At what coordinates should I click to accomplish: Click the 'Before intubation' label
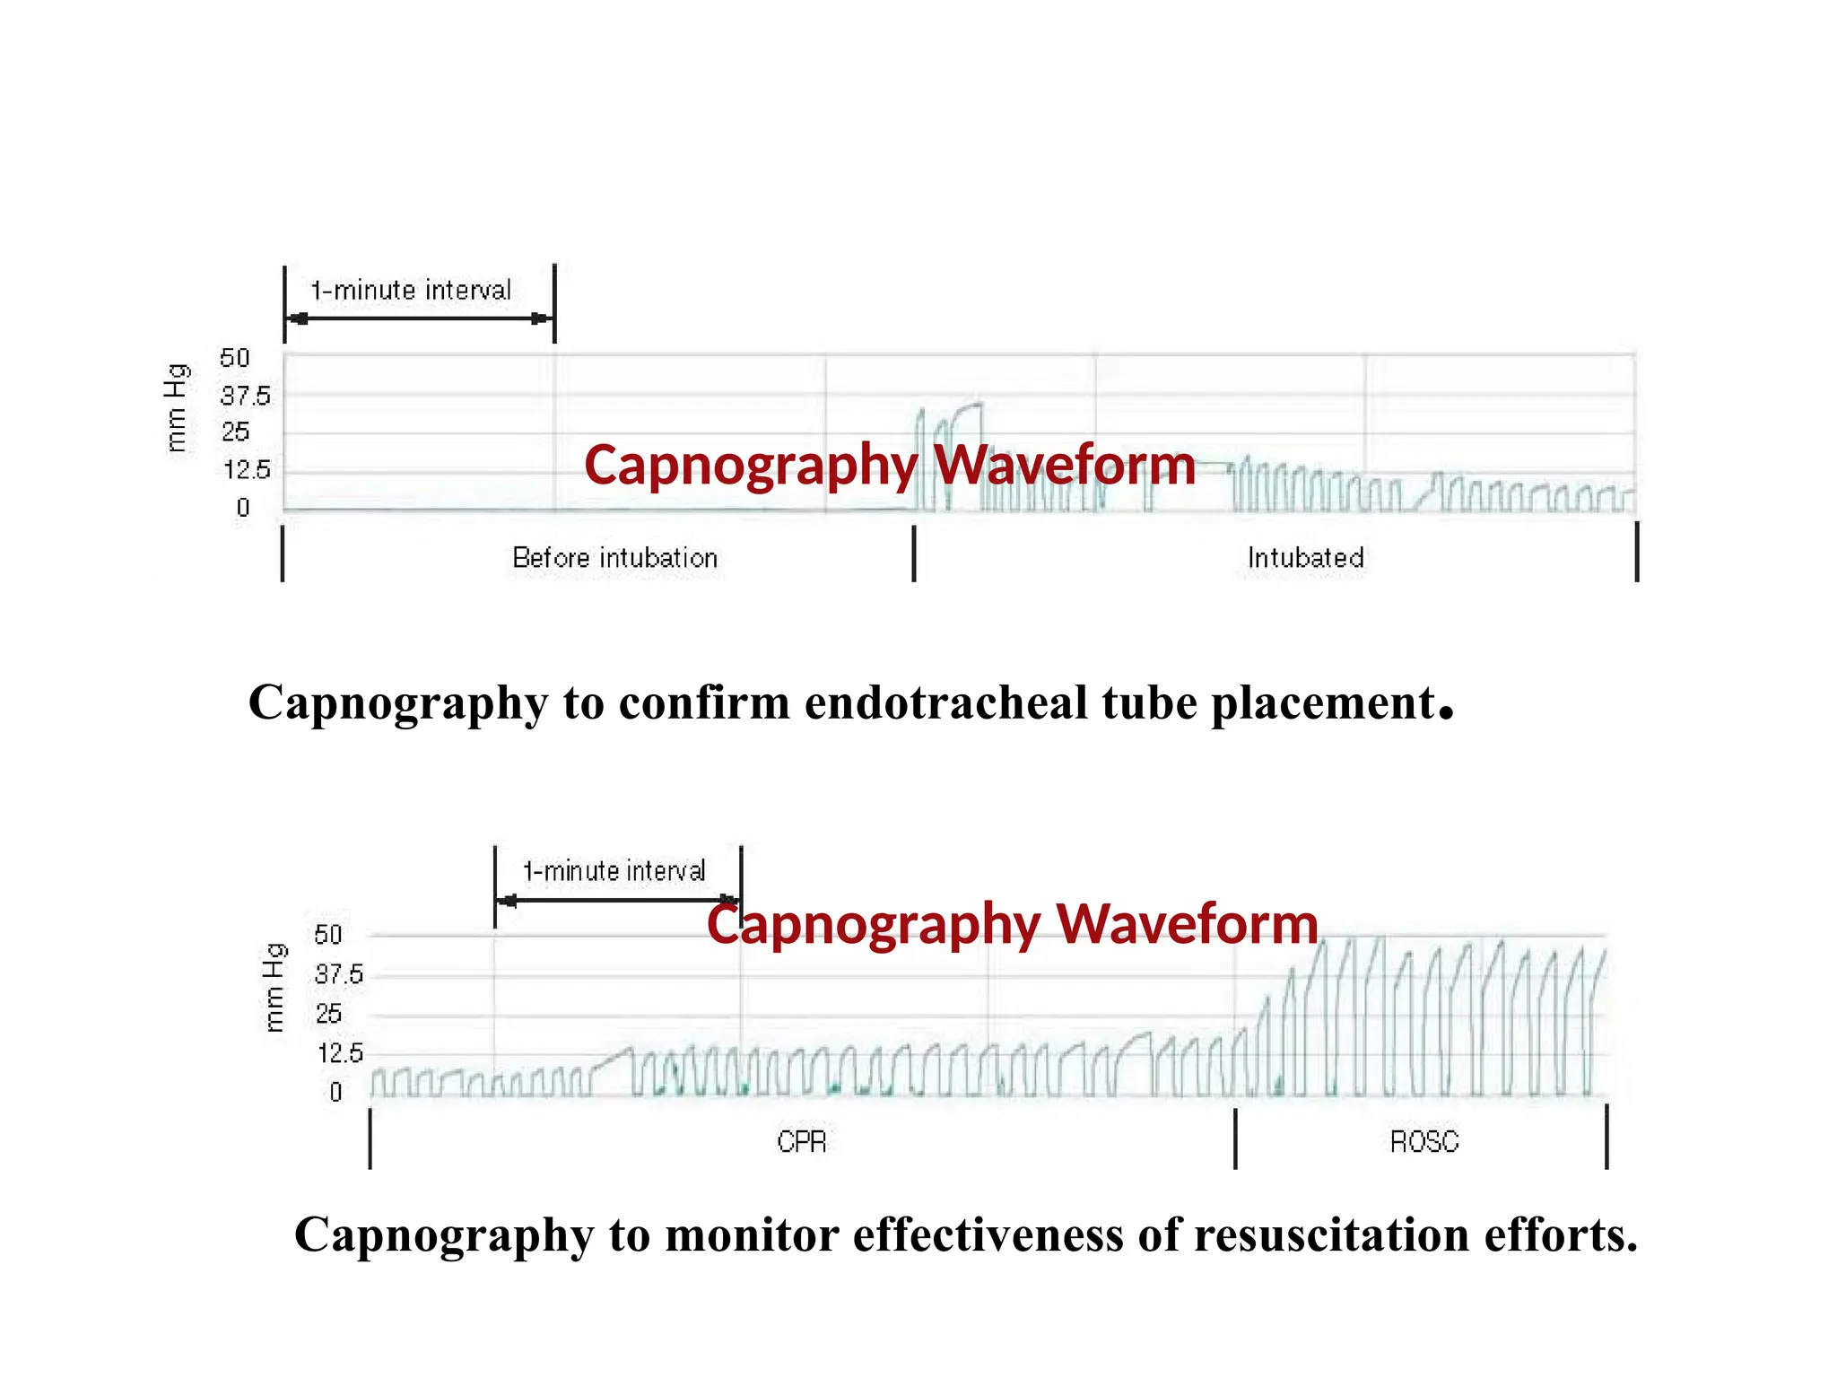(x=614, y=558)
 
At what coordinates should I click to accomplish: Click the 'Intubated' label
(x=1305, y=558)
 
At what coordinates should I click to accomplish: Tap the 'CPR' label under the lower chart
(x=801, y=1142)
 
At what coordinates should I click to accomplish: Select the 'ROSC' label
(x=1423, y=1142)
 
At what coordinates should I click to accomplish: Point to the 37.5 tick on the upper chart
(x=245, y=396)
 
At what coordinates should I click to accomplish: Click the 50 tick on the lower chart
(x=328, y=936)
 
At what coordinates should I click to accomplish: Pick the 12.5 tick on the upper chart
(x=247, y=470)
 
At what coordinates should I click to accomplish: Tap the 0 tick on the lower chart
(x=335, y=1092)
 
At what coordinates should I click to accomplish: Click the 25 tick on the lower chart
(x=328, y=1014)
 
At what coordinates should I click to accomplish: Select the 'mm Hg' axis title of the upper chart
(x=177, y=408)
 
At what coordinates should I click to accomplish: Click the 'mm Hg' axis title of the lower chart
(x=274, y=988)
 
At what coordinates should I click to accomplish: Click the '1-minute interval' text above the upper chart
(x=411, y=291)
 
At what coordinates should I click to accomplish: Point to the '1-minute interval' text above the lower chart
(x=614, y=871)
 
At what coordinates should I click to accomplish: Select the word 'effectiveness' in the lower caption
(x=988, y=1234)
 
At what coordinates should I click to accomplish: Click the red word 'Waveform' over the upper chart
(x=1065, y=466)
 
